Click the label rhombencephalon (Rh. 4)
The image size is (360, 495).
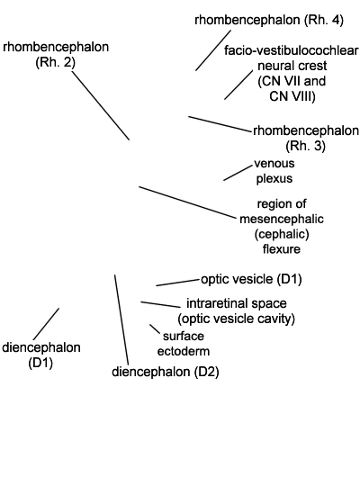(x=269, y=20)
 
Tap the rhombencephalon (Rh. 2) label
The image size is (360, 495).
(x=56, y=55)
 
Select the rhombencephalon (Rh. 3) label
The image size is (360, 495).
(x=306, y=138)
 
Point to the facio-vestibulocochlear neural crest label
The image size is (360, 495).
(x=292, y=73)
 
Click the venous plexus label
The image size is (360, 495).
(x=274, y=171)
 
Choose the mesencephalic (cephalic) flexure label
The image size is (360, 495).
(x=282, y=226)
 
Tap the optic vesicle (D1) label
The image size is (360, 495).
(x=251, y=279)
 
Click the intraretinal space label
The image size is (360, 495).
(x=236, y=311)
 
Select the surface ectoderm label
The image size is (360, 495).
(x=184, y=344)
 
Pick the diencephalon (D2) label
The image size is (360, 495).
(x=166, y=372)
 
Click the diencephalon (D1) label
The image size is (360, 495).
(x=41, y=355)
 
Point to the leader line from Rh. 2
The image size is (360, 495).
(x=101, y=105)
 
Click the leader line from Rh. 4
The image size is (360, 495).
(x=213, y=50)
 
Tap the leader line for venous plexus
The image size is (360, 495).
(x=238, y=173)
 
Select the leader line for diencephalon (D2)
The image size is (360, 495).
(x=121, y=319)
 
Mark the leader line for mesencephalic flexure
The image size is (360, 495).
(x=187, y=202)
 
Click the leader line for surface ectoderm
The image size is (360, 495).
(x=155, y=328)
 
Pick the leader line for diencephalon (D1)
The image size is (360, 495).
(x=46, y=324)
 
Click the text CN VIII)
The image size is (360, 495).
(x=292, y=96)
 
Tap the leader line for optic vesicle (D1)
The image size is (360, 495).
(x=178, y=283)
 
